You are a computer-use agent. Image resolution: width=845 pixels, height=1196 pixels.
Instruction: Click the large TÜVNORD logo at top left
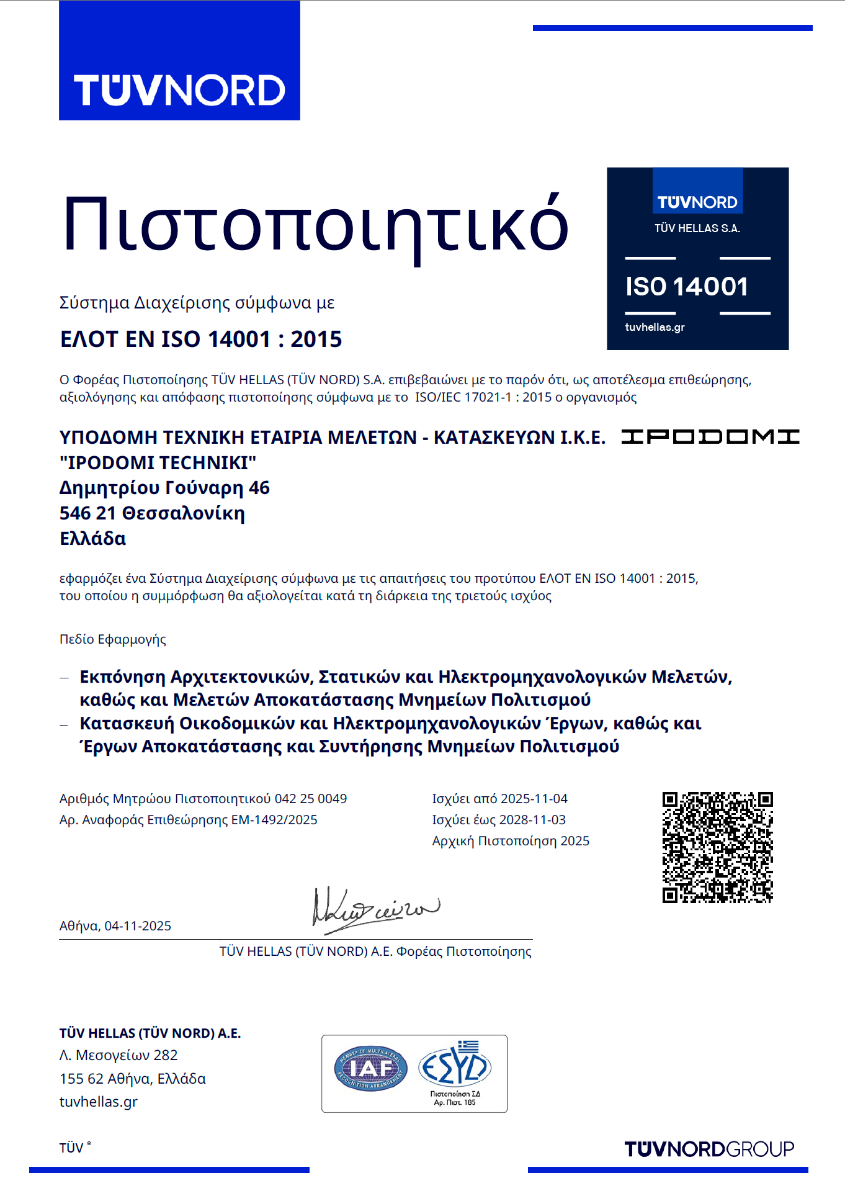(x=179, y=90)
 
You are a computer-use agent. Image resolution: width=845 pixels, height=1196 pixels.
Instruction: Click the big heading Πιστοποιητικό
(x=315, y=225)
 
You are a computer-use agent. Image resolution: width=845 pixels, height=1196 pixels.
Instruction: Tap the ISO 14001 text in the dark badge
(x=686, y=287)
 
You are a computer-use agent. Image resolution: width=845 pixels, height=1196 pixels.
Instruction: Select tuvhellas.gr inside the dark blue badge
(x=655, y=327)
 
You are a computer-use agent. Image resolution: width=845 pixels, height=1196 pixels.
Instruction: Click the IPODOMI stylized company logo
(x=710, y=437)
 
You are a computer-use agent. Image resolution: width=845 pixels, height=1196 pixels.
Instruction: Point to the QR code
(x=717, y=847)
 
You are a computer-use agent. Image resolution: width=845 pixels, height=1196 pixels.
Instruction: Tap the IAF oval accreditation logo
(x=370, y=1069)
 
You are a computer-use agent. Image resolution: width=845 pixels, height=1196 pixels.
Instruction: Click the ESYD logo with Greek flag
(x=455, y=1066)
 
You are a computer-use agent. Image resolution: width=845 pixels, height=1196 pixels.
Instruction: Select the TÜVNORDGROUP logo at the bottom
(x=709, y=1149)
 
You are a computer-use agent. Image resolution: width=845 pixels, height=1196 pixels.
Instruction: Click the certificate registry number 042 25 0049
(x=311, y=799)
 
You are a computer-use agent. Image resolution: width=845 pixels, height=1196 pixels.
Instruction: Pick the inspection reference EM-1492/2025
(x=274, y=820)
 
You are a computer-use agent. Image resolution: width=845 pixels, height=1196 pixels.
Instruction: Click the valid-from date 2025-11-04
(x=534, y=799)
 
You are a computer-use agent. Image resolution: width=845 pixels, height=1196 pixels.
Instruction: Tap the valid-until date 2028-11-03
(x=532, y=820)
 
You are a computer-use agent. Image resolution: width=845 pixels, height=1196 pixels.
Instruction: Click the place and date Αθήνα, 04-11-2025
(x=115, y=926)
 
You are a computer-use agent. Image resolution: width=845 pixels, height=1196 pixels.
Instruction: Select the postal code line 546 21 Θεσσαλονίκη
(x=152, y=513)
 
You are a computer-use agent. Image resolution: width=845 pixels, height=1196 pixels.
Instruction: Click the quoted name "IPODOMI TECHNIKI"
(x=158, y=463)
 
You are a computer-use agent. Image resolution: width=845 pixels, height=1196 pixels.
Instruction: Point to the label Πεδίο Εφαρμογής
(x=113, y=639)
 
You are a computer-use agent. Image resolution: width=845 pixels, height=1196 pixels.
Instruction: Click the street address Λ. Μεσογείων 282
(x=118, y=1055)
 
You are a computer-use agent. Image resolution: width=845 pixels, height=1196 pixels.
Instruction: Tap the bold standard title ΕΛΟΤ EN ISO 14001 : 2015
(x=201, y=339)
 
